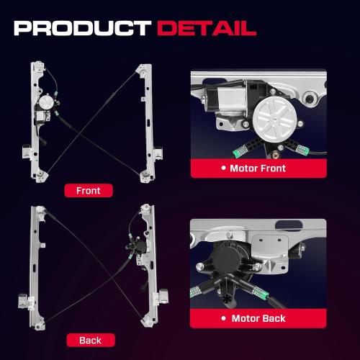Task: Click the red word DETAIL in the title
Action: coord(207,28)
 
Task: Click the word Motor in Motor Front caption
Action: coord(245,168)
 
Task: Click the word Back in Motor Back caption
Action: coord(272,318)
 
